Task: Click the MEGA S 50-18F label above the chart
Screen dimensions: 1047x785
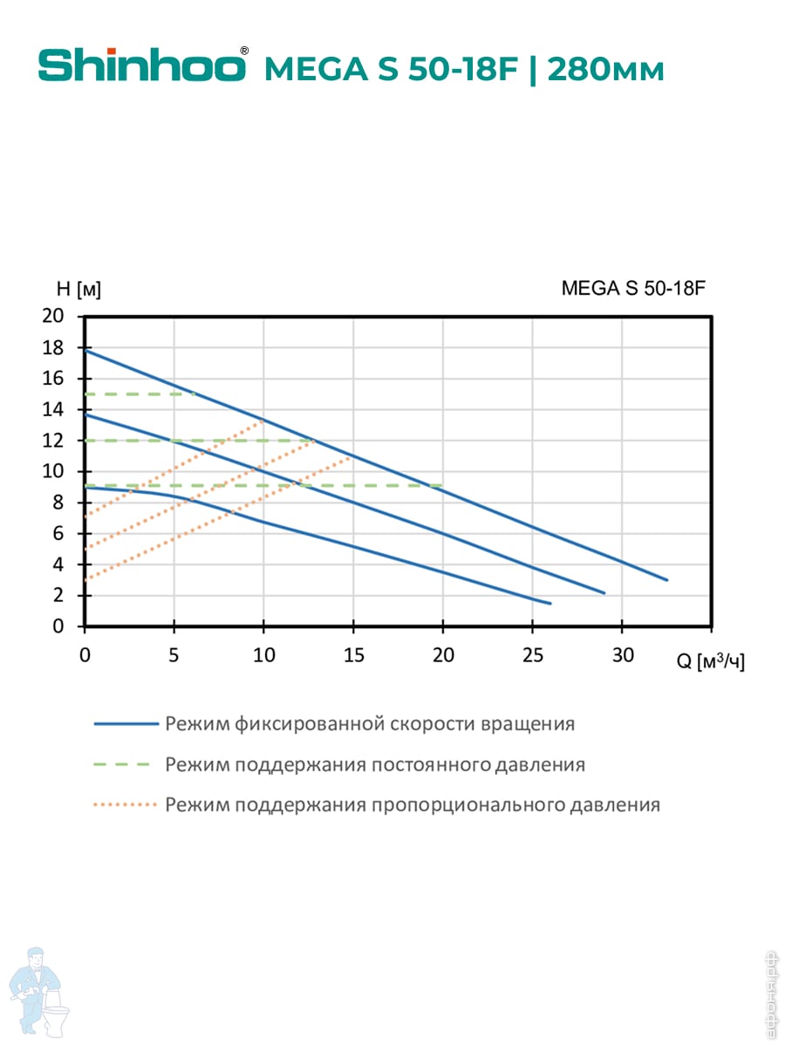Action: [x=632, y=289]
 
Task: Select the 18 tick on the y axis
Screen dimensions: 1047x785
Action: [x=53, y=348]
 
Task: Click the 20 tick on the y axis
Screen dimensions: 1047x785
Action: [x=53, y=317]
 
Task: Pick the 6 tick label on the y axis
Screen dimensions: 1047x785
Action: [x=58, y=534]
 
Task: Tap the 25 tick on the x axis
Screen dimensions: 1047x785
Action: [x=532, y=656]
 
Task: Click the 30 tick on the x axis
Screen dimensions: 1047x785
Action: [x=622, y=656]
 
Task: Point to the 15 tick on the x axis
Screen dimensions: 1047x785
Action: [x=353, y=656]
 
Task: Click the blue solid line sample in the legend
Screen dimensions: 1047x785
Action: [x=125, y=723]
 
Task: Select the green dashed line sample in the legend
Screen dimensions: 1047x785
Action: [x=125, y=764]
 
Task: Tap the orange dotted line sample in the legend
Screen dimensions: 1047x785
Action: [x=125, y=804]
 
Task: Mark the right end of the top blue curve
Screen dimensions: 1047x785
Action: [x=666, y=579]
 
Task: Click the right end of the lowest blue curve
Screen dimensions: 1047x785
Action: [x=550, y=603]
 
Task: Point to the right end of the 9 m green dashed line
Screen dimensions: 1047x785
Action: [x=442, y=485]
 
